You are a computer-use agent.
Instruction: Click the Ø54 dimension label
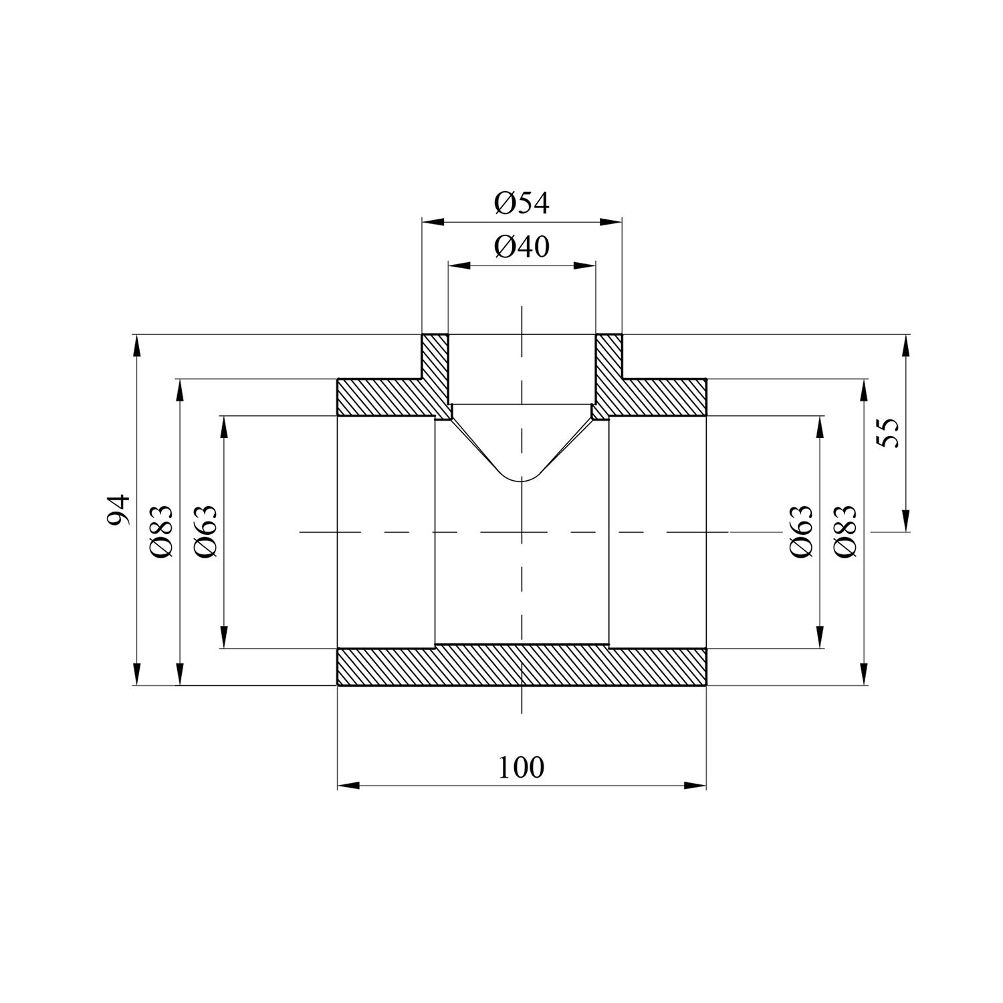pyautogui.click(x=522, y=203)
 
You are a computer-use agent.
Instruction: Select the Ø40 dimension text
pyautogui.click(x=522, y=247)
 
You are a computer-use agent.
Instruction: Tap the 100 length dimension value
pyautogui.click(x=522, y=768)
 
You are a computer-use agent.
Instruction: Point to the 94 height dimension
pyautogui.click(x=118, y=510)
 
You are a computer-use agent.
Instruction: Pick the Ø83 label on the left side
pyautogui.click(x=162, y=532)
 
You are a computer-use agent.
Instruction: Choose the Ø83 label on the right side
pyautogui.click(x=845, y=532)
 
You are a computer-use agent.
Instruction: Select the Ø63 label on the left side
pyautogui.click(x=206, y=532)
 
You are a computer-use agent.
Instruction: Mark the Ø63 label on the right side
pyautogui.click(x=801, y=532)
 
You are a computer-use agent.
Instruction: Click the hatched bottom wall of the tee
pyautogui.click(x=522, y=666)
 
